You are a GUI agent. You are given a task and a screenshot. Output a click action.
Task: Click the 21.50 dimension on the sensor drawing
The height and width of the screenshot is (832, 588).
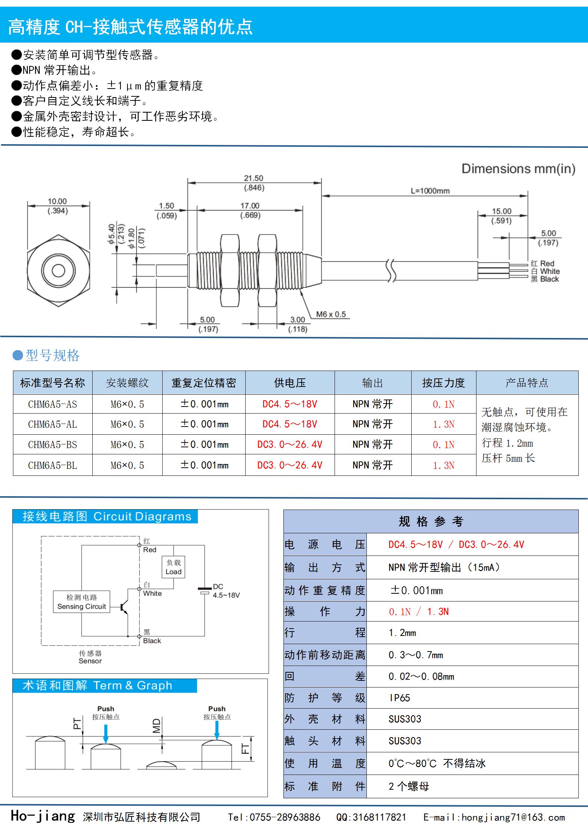253,178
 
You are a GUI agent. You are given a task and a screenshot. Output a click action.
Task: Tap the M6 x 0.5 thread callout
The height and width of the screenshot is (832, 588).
330,314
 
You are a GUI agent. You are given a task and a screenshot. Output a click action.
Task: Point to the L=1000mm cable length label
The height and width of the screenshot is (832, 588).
430,191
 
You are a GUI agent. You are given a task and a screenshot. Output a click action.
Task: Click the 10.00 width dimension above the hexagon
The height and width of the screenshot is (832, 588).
57,201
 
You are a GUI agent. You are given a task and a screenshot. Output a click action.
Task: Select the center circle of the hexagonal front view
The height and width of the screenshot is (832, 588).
59,271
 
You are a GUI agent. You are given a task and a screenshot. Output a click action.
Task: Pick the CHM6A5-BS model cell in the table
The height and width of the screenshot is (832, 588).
53,444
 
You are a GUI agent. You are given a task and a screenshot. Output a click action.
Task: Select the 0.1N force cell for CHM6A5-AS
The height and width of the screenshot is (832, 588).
444,404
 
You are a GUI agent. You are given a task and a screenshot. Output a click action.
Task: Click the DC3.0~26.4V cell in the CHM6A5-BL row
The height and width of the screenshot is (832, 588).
290,465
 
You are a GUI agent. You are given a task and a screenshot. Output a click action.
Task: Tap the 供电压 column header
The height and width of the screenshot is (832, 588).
290,382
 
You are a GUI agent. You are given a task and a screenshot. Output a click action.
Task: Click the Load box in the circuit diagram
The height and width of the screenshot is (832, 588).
173,567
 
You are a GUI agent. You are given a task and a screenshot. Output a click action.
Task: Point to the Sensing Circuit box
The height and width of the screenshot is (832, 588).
82,601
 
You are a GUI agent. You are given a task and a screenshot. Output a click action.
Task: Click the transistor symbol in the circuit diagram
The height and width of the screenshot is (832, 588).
124,607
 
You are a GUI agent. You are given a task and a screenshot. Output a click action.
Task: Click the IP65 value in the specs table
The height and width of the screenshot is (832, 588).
400,698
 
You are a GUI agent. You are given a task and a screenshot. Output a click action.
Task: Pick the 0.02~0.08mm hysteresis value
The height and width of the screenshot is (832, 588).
421,676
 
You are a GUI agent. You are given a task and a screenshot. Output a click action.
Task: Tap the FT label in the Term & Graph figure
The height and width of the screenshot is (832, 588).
246,749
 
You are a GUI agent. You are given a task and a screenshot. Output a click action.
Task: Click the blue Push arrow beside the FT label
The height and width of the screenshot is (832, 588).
217,732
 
